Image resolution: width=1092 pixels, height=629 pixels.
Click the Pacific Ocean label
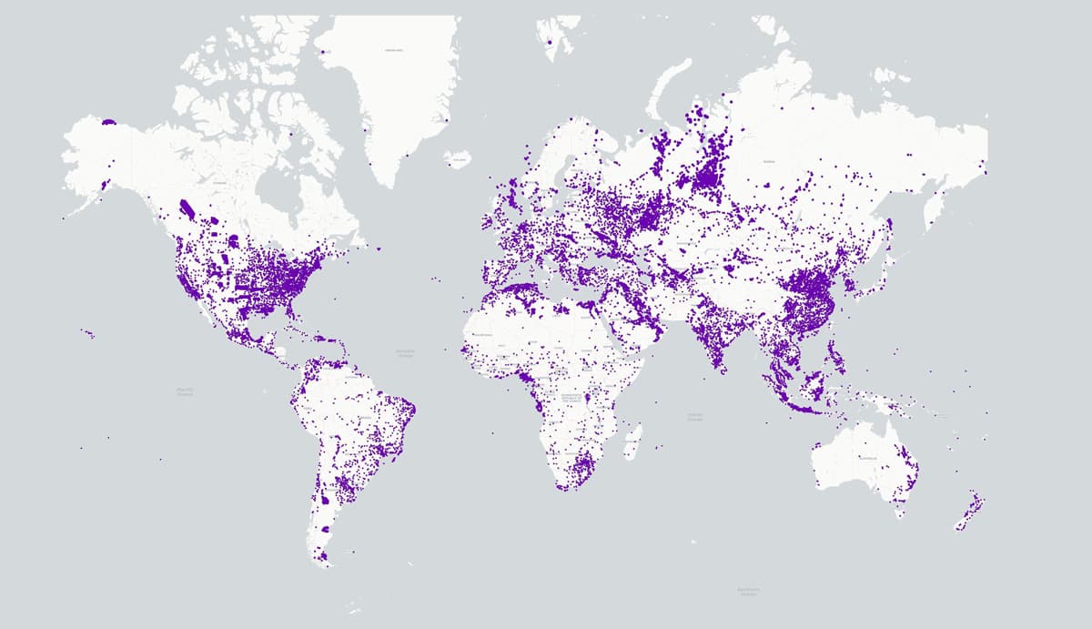(185, 391)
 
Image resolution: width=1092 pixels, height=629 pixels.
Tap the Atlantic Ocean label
(405, 352)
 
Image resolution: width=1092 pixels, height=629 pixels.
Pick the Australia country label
(865, 457)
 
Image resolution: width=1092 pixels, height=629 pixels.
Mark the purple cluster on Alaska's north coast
(109, 121)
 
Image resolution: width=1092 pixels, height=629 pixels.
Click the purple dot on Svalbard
(549, 40)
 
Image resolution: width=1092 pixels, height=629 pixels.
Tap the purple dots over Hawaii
(88, 333)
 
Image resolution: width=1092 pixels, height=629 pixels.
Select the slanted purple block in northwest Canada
(187, 210)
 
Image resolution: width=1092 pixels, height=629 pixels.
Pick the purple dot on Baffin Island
(291, 135)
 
